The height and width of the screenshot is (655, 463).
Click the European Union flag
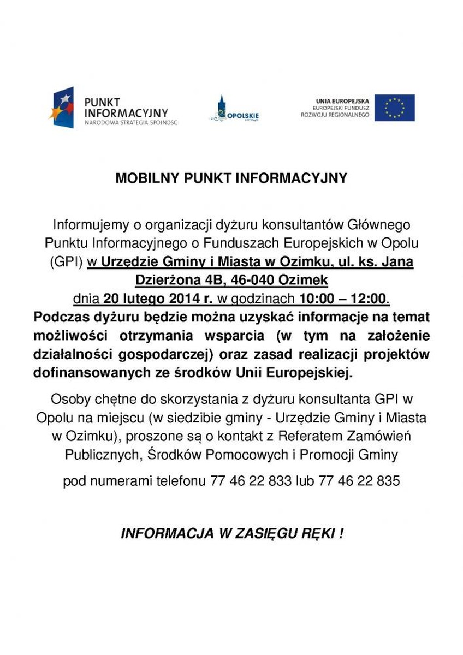pos(394,108)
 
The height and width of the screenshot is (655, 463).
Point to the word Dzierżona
pos(166,281)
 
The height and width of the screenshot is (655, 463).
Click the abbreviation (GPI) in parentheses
pos(66,262)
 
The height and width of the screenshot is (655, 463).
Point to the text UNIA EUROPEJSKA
pos(342,101)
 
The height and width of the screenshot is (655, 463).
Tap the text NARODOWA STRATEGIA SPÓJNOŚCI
pos(131,123)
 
